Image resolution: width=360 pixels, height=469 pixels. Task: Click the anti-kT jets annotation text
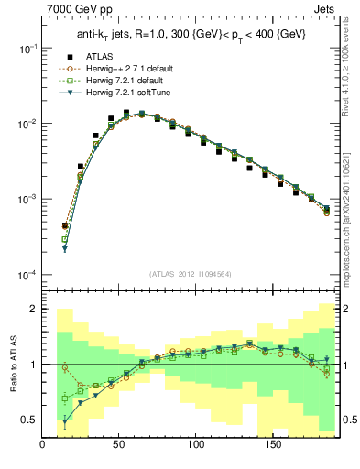click(191, 34)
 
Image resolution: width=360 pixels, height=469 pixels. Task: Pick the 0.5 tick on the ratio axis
click(28, 420)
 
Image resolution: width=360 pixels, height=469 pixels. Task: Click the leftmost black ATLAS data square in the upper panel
click(65, 225)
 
